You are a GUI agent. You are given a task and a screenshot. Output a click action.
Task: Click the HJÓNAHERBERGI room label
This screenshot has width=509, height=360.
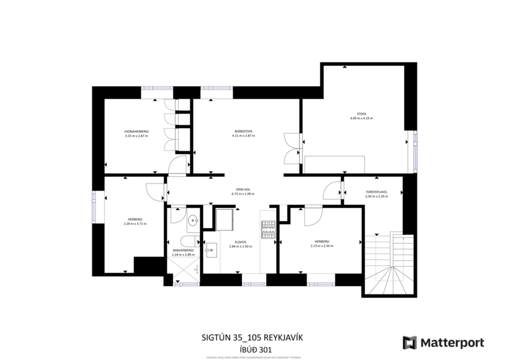136,132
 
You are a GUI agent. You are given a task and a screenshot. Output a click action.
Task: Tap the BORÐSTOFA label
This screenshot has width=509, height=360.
243,132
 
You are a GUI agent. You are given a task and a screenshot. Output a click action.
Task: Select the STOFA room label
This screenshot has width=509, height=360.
361,114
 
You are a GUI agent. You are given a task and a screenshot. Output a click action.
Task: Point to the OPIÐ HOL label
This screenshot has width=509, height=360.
243,190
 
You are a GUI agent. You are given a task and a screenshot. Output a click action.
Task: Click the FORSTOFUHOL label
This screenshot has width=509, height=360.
377,192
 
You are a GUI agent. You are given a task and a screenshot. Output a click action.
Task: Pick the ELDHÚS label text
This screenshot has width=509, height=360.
240,243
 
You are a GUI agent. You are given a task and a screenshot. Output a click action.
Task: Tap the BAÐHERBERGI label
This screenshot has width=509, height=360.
183,250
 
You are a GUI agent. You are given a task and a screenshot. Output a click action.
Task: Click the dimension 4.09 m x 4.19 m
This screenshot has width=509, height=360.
361,118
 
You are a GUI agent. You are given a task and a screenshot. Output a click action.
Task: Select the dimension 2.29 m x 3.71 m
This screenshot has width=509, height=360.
135,224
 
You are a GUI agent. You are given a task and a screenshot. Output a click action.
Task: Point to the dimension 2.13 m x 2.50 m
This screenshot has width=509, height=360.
322,246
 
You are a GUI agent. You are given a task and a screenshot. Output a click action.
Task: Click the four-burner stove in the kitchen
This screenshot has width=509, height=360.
268,231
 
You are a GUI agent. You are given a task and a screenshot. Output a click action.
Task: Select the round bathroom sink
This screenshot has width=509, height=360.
193,220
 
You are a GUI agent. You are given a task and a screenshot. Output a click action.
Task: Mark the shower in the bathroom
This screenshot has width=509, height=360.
183,270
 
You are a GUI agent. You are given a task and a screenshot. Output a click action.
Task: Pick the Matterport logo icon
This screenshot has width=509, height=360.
410,343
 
